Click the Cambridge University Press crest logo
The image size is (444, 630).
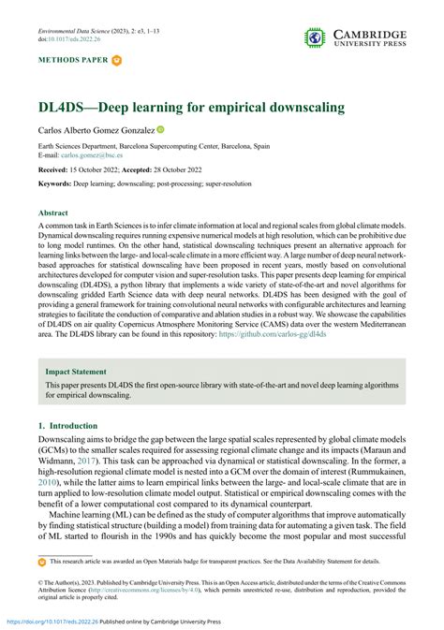[314, 37]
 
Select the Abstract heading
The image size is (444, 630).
[53, 213]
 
